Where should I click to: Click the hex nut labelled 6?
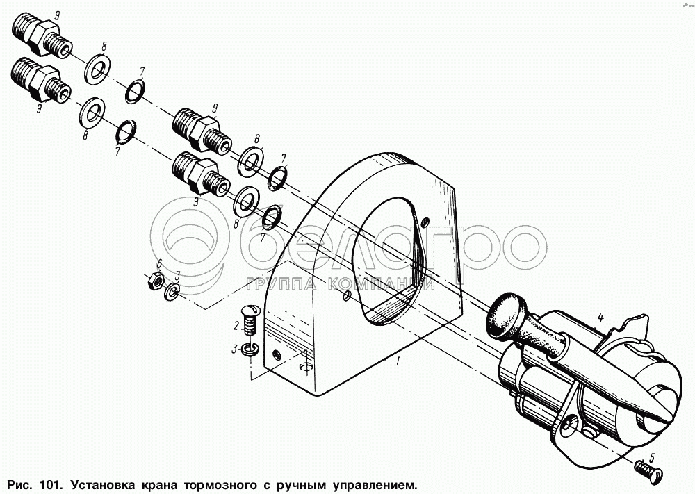point(155,281)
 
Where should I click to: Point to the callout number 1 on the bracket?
point(398,361)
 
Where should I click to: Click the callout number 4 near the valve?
point(600,318)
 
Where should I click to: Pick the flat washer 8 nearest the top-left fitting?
point(98,68)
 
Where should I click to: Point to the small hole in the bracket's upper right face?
point(425,221)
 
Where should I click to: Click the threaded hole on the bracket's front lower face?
point(276,354)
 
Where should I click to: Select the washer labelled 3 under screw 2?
point(250,349)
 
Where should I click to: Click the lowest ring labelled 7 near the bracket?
point(270,216)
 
